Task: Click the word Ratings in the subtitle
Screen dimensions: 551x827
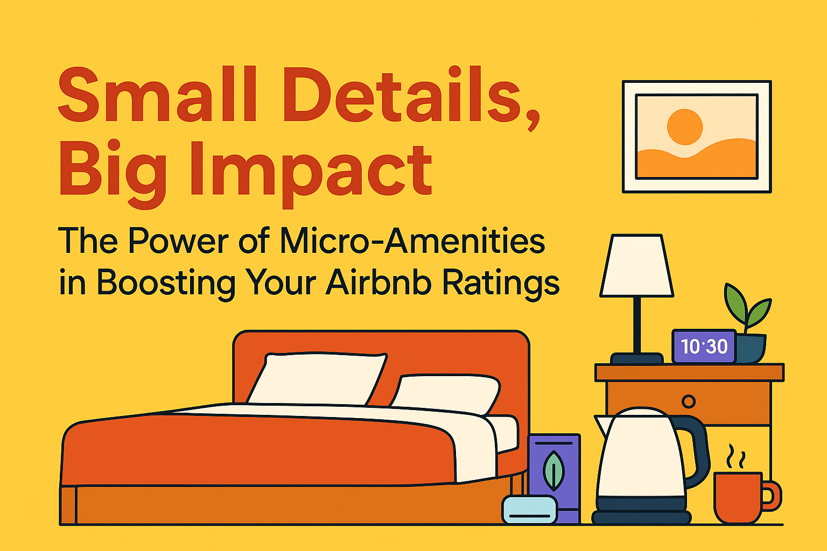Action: point(500,284)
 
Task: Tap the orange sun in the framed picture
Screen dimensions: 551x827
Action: point(685,127)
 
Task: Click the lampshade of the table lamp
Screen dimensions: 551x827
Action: point(637,266)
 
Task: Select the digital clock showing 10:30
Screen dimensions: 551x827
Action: point(704,346)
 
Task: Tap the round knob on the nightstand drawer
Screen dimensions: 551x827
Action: point(688,401)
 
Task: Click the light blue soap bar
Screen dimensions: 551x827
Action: point(529,509)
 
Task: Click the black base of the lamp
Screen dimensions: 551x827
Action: point(636,358)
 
